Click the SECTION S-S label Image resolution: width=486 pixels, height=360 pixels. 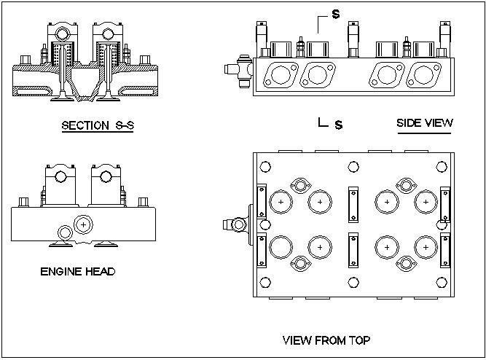98,125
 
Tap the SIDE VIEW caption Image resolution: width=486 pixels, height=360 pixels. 424,122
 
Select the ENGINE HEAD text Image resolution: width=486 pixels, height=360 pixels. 78,272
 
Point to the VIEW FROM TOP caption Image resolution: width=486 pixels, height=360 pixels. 326,340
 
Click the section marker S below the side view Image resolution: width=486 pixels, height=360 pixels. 338,125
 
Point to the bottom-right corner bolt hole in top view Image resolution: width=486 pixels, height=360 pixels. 442,283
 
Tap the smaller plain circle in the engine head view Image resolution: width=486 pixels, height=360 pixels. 65,232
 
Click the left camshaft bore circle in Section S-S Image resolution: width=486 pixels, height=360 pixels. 61,33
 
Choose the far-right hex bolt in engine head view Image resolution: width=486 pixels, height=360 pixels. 146,200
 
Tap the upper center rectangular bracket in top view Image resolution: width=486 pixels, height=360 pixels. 354,203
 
